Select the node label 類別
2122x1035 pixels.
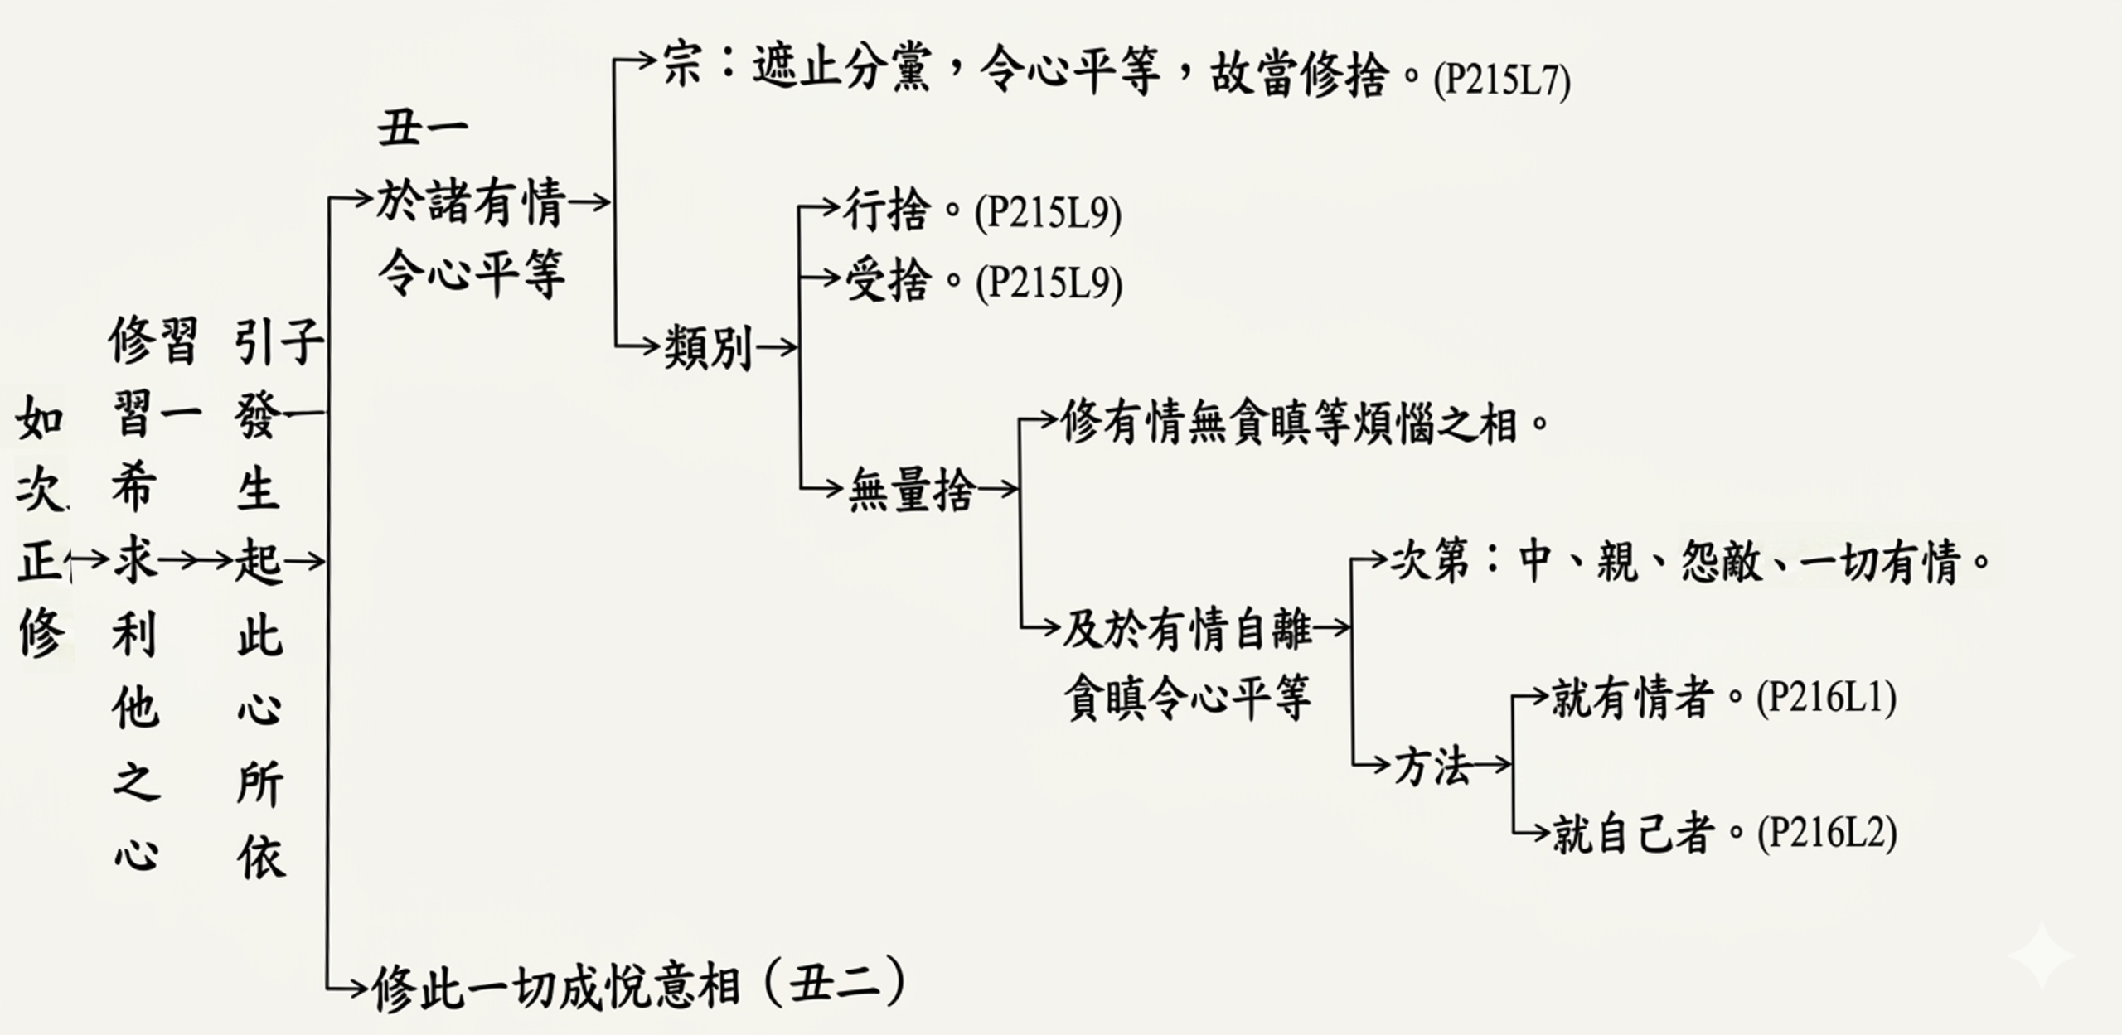point(707,349)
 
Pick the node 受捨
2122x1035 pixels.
point(886,281)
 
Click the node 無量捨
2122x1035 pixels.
point(911,490)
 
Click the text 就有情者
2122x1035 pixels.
point(1632,698)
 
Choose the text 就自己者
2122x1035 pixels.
point(1632,833)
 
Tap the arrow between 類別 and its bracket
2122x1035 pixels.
point(776,349)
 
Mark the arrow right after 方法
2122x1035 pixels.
point(1490,765)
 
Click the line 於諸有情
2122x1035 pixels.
point(471,202)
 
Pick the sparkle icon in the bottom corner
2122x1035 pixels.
point(2041,957)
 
